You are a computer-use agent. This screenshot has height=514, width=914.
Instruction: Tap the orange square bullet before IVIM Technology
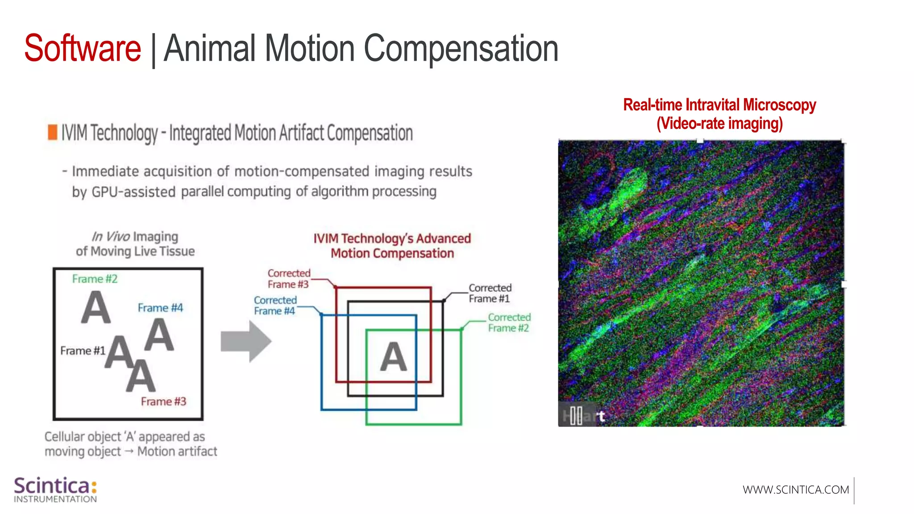pyautogui.click(x=53, y=132)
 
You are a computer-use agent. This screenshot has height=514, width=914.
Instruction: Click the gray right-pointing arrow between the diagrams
pyautogui.click(x=246, y=341)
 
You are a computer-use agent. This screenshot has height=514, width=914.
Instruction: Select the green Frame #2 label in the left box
pyautogui.click(x=95, y=279)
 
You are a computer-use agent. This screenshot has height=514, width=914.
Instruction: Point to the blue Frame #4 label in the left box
pyautogui.click(x=160, y=308)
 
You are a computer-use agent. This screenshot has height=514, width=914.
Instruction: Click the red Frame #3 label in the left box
pyautogui.click(x=163, y=402)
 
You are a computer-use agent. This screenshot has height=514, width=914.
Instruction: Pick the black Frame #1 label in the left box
pyautogui.click(x=83, y=351)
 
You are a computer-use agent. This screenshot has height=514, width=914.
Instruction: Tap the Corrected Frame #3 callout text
pyautogui.click(x=288, y=279)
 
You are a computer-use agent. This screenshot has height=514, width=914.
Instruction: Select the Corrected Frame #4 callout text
pyautogui.click(x=275, y=306)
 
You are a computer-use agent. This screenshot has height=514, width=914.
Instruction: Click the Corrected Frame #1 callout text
pyautogui.click(x=490, y=293)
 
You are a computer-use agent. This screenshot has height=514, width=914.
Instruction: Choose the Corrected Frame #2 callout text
pyautogui.click(x=509, y=323)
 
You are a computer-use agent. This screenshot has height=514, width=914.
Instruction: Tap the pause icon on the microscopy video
pyautogui.click(x=576, y=416)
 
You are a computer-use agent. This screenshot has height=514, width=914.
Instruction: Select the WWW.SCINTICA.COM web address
pyautogui.click(x=796, y=490)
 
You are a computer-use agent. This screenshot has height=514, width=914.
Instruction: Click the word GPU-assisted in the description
pyautogui.click(x=133, y=192)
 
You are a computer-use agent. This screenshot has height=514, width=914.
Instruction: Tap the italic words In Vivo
pyautogui.click(x=111, y=236)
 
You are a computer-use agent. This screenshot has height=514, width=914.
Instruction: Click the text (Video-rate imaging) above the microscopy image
pyautogui.click(x=719, y=124)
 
